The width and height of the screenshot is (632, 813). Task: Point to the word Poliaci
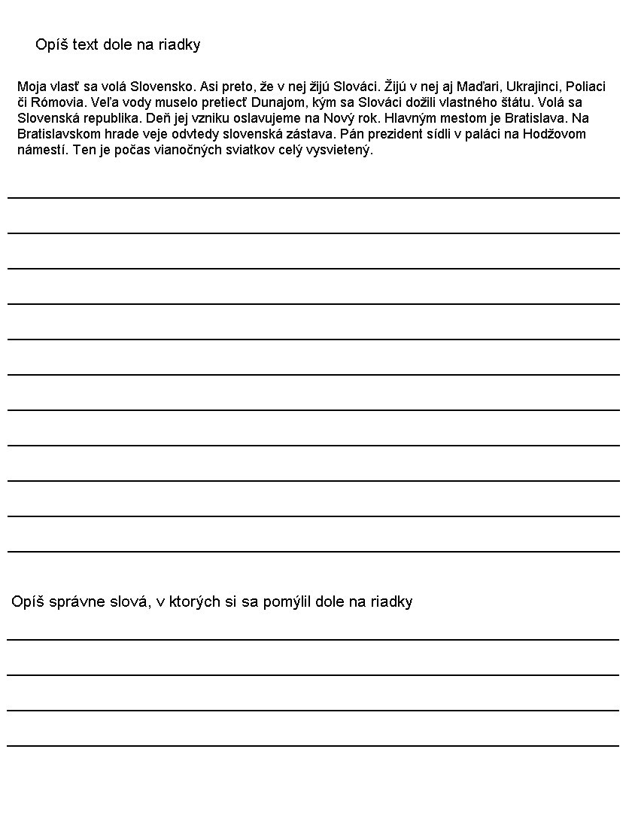click(585, 86)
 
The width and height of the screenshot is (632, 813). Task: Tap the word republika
click(114, 118)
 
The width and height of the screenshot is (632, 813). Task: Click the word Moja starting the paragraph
click(31, 86)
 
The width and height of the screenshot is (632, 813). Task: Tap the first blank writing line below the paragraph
click(313, 197)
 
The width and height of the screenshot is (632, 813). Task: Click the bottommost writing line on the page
click(313, 745)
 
